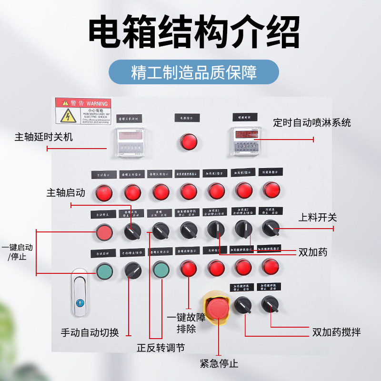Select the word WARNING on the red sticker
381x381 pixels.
(97, 103)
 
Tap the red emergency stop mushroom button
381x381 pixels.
(218, 310)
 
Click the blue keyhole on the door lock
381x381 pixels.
(80, 302)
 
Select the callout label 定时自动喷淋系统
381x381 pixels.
(312, 122)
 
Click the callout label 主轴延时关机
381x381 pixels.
(44, 137)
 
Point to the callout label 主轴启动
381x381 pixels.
(66, 193)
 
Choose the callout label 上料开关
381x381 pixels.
(317, 218)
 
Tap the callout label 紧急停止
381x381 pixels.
(219, 364)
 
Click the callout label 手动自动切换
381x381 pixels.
(90, 332)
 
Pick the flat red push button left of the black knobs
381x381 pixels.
(104, 232)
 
